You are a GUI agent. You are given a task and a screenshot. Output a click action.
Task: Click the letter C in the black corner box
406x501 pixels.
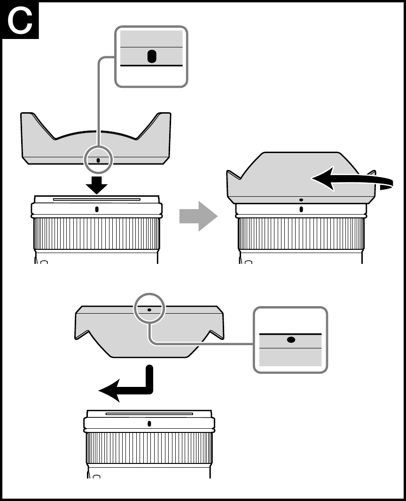[x=20, y=21]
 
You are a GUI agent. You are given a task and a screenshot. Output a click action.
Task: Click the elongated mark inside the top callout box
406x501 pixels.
[x=151, y=57]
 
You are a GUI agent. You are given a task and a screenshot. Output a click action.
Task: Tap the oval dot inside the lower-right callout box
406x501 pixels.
[x=291, y=340]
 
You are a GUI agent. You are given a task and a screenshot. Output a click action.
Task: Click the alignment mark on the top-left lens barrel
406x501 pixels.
[x=97, y=209]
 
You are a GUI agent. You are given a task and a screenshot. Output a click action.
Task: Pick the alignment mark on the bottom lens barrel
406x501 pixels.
[x=149, y=424]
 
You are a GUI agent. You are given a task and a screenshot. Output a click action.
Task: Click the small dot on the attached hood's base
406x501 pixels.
[x=301, y=200]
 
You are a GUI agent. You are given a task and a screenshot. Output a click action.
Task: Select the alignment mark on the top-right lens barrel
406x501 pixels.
[x=301, y=209]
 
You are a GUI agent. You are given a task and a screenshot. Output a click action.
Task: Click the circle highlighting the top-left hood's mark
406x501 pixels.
[x=98, y=159]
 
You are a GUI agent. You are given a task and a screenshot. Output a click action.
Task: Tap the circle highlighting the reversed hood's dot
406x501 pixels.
[x=149, y=309]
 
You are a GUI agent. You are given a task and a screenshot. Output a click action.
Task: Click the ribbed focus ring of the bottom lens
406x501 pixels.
[x=149, y=448]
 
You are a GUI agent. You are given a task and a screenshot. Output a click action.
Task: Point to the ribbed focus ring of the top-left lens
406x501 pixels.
[x=97, y=233]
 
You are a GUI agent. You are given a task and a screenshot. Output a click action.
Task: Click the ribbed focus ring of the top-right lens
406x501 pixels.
[x=301, y=233]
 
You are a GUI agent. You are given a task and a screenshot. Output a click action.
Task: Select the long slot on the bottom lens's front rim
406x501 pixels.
[x=149, y=414]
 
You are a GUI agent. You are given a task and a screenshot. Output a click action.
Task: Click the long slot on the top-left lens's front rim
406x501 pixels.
[x=97, y=199]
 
